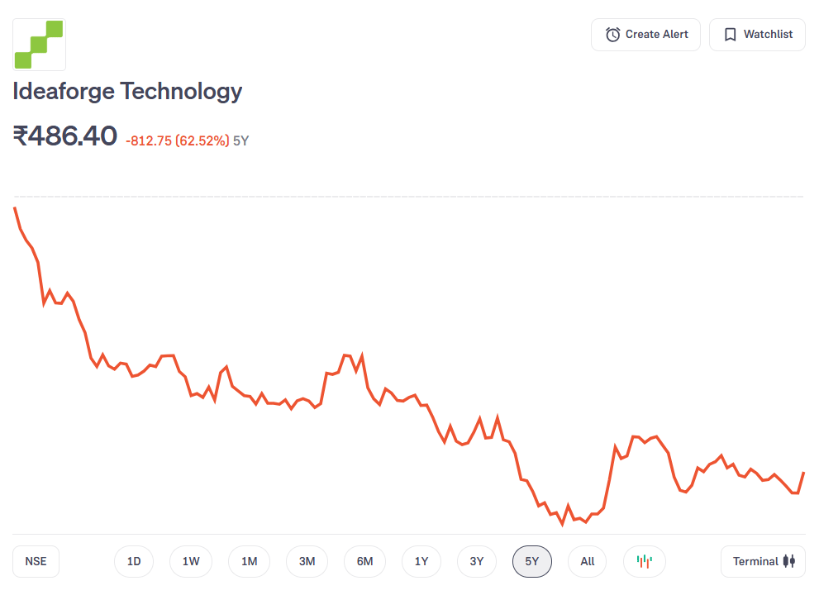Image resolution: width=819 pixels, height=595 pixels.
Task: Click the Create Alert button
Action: coord(645,35)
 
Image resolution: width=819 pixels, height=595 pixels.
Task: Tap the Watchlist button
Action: coord(757,35)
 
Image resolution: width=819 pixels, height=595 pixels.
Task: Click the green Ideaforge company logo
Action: coord(39,45)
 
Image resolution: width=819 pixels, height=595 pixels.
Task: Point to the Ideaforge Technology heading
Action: coord(127,91)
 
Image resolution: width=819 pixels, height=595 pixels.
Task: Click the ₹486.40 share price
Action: coord(65,136)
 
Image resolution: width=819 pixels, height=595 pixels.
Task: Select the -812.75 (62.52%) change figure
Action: coord(177,141)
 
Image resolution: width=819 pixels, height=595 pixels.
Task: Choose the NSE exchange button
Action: coord(36,562)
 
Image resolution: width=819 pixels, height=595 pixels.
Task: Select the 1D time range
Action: coord(134,562)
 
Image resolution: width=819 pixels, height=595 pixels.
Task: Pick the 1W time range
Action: coord(191,562)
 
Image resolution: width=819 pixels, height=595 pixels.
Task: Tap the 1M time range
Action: coord(249,562)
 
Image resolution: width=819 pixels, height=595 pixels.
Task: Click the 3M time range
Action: coord(307,562)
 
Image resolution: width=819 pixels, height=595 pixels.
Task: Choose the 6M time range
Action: coord(364,562)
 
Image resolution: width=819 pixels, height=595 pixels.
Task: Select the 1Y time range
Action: coord(421,562)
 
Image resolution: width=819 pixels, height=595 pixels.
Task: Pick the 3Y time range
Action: coord(477,562)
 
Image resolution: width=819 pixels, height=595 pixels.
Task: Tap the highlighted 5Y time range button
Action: coord(532,562)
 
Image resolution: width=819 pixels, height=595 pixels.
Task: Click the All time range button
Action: coord(587,562)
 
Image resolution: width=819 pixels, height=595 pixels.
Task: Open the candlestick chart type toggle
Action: coord(645,562)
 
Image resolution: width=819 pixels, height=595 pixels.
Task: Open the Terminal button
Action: coord(763,562)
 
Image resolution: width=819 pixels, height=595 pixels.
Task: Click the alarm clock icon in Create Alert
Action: coord(613,35)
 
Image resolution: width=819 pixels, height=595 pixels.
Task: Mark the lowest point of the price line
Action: coord(562,524)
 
